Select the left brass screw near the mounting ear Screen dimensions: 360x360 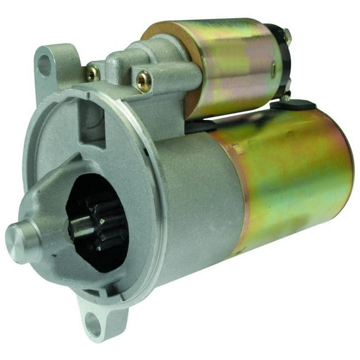coord(93,73)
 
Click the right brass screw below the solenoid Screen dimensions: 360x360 coord(144,80)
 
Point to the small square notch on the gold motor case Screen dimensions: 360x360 coord(239,149)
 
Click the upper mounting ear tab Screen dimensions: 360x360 coord(53,66)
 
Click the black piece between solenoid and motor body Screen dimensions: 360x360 coord(200,125)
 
